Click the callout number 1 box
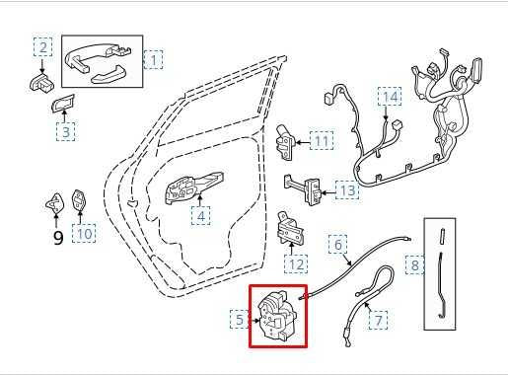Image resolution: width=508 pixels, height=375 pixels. [x=153, y=59]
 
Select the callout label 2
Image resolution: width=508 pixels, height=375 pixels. [x=42, y=47]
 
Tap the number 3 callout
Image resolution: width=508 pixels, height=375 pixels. [x=65, y=131]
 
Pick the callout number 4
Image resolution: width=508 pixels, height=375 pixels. [x=201, y=216]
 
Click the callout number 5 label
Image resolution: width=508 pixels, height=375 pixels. [x=240, y=319]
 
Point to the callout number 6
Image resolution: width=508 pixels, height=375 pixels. [x=337, y=244]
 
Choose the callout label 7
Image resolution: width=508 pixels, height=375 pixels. [x=378, y=320]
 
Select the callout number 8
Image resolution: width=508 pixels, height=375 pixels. [x=414, y=264]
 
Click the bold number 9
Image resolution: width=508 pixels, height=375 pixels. [x=58, y=238]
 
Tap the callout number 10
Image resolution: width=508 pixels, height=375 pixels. [x=84, y=233]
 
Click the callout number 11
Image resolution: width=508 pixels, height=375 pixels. [x=322, y=140]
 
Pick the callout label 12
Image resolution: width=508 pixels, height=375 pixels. [x=296, y=264]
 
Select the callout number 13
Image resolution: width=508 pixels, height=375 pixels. [x=347, y=189]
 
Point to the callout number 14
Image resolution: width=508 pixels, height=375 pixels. [x=390, y=97]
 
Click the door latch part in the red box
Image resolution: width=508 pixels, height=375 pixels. [x=278, y=316]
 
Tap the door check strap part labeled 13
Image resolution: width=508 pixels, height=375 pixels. [x=303, y=189]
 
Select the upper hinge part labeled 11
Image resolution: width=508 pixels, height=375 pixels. [x=284, y=142]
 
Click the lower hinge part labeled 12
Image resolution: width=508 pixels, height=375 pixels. [x=291, y=228]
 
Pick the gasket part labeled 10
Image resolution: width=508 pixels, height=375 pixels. [x=79, y=201]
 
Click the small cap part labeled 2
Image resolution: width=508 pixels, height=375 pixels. [x=41, y=82]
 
